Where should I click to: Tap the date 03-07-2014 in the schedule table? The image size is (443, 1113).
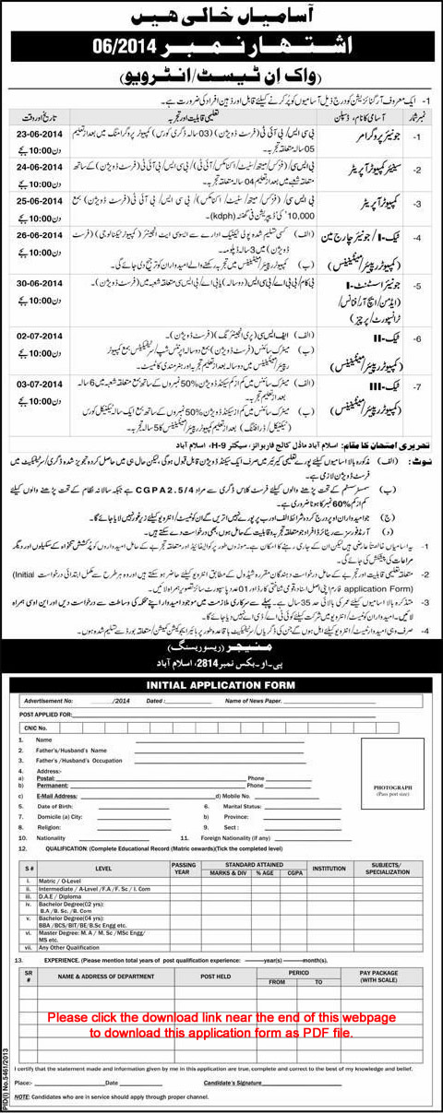point(40,379)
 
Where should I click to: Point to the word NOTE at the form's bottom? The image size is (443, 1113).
point(32,1096)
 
